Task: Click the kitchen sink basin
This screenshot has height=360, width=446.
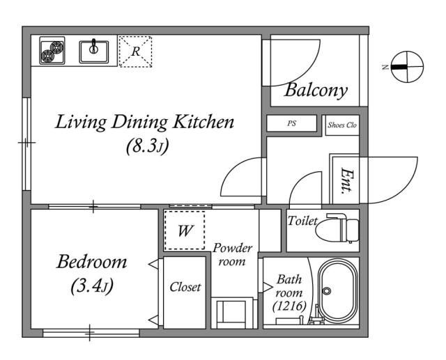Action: (x=94, y=52)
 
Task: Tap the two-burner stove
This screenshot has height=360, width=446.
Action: (x=52, y=51)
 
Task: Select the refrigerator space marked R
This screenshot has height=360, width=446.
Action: (x=135, y=52)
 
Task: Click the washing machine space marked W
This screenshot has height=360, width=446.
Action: (x=185, y=230)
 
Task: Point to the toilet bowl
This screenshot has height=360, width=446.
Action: (x=337, y=228)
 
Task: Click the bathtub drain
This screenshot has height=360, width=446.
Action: (x=327, y=290)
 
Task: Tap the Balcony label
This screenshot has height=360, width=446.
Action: (x=316, y=91)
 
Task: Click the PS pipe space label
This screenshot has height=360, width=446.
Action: (x=291, y=123)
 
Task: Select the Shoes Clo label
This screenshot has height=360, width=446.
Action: (x=342, y=125)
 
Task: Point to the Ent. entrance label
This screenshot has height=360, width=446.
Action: (x=347, y=181)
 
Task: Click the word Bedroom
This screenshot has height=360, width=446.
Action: (x=91, y=262)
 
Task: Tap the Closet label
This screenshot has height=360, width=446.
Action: (x=185, y=287)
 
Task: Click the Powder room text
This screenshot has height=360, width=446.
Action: (x=232, y=255)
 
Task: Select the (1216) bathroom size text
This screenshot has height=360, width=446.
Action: (x=289, y=306)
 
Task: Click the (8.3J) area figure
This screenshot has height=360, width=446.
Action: (x=148, y=146)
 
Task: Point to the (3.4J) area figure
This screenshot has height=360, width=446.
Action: (x=92, y=285)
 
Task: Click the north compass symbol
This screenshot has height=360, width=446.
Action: (x=407, y=67)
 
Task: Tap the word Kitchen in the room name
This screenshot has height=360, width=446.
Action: (x=203, y=122)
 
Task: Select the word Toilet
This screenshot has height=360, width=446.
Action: (x=302, y=221)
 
